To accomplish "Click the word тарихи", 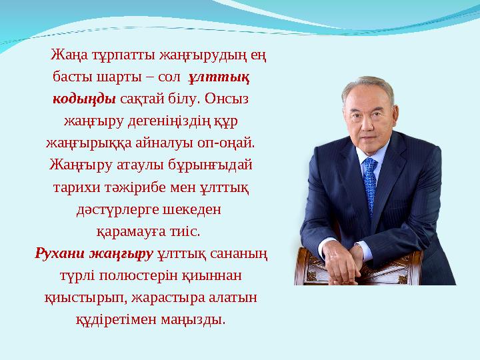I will pyautogui.click(x=71, y=187).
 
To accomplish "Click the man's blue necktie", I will pyautogui.click(x=369, y=183).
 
